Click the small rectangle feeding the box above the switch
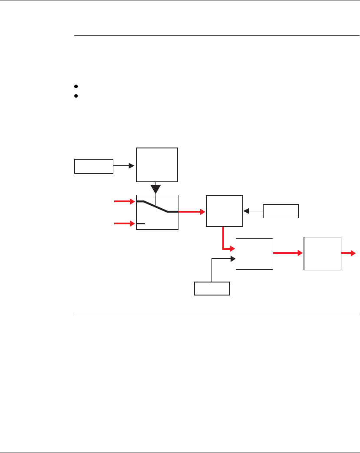[x=94, y=166]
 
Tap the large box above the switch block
[x=157, y=165]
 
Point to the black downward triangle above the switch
[x=156, y=190]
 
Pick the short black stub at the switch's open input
[x=141, y=223]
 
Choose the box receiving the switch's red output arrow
[x=224, y=211]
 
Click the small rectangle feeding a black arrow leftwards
[x=281, y=211]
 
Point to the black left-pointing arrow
[x=253, y=211]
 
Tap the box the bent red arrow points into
[x=254, y=254]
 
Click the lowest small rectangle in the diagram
[x=212, y=288]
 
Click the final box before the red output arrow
[x=322, y=254]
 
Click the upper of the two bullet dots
[x=76, y=87]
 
